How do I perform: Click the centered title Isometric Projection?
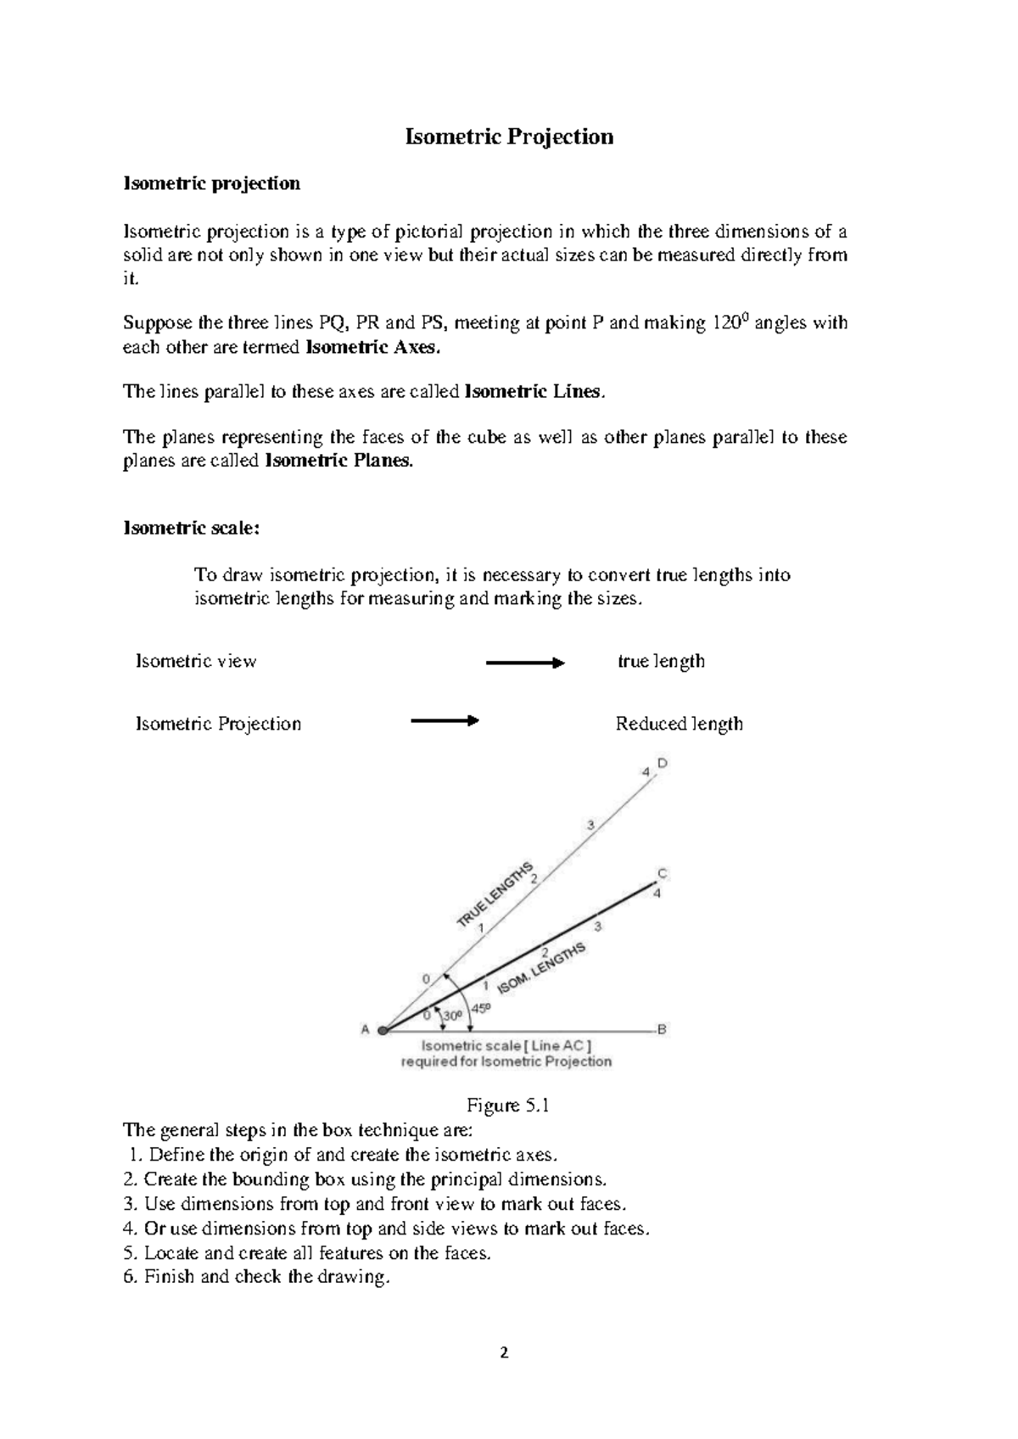pos(509,137)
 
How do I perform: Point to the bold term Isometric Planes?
pos(340,462)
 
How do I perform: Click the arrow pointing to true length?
pos(524,663)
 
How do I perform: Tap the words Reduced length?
pos(679,724)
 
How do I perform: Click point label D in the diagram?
pos(663,763)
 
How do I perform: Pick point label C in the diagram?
pos(663,873)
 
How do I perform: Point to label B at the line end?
pos(663,1029)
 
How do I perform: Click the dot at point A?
pos(383,1030)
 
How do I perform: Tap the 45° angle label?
pos(481,1008)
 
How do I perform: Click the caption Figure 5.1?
pos(508,1106)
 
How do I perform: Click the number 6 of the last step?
pos(128,1277)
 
